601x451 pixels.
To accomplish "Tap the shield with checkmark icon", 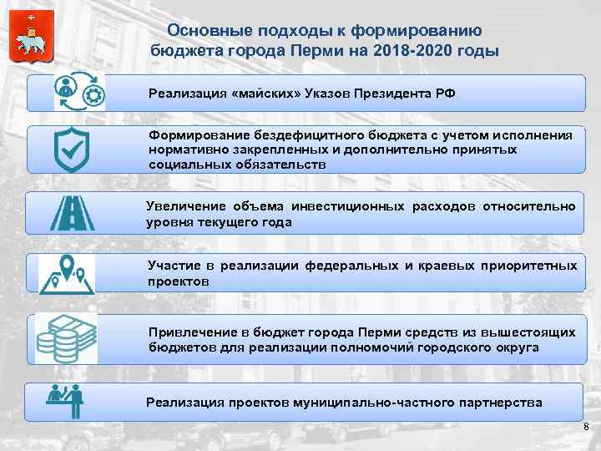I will (73, 150).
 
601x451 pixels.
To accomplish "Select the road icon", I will (74, 212).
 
